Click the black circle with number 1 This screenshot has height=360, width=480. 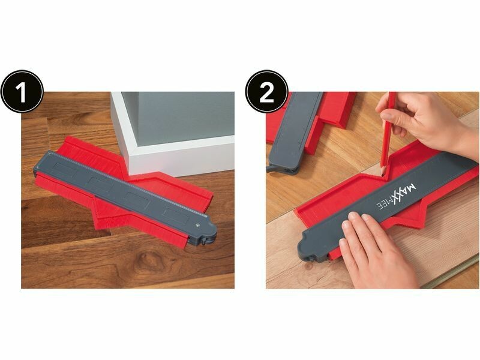[x=22, y=91]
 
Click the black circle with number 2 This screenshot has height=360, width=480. [x=266, y=91]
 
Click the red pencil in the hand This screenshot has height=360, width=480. [x=388, y=133]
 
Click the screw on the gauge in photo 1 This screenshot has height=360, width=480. [x=197, y=225]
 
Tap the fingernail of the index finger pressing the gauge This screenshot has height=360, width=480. [x=353, y=215]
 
